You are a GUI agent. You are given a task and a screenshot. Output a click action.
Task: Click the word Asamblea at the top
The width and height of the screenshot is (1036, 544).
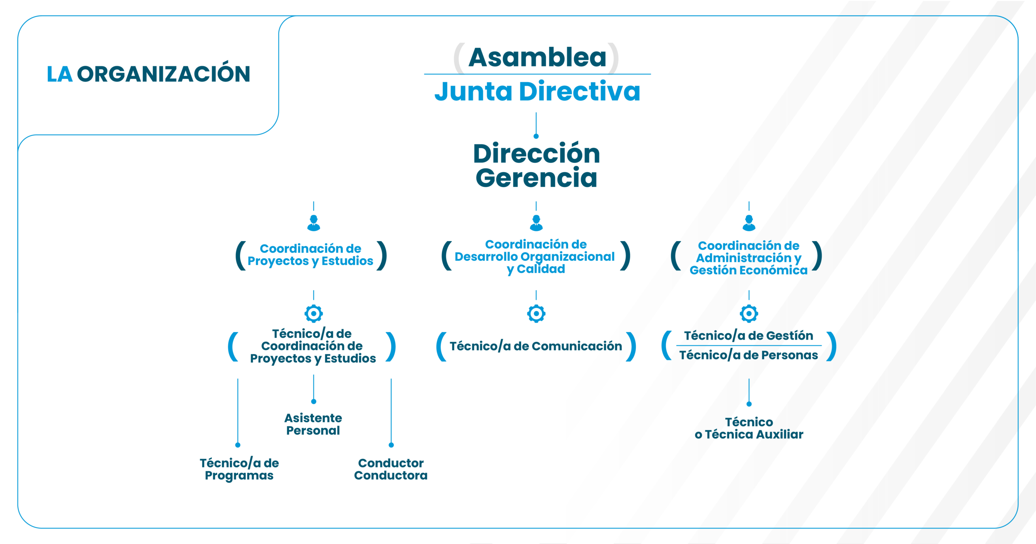pos(537,57)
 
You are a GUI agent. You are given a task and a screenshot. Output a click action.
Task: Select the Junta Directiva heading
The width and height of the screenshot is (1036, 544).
pos(537,91)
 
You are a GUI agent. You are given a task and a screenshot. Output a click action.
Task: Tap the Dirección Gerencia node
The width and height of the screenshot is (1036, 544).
pos(536,166)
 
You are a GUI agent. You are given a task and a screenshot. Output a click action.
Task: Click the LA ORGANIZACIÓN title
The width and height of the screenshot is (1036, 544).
pos(149,74)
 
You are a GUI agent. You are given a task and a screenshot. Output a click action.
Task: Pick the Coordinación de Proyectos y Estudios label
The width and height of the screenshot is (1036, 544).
pos(310,255)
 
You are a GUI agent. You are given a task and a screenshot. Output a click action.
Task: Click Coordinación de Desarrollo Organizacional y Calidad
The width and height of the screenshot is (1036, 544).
pos(535,257)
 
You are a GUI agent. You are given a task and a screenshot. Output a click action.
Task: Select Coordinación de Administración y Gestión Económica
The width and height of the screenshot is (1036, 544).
pos(748,258)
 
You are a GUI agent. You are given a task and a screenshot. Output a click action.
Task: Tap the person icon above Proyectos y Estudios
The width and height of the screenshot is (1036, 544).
pos(314,223)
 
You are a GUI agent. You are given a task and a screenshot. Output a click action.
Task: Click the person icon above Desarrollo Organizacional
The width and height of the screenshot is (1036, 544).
pos(536,223)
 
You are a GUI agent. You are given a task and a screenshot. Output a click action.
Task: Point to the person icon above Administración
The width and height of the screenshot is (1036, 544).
pos(749,223)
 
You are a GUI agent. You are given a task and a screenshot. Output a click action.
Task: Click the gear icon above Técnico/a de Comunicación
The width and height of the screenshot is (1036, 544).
pos(536,313)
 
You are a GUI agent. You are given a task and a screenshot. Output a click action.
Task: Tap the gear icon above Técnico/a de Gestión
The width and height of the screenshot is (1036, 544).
pos(749,313)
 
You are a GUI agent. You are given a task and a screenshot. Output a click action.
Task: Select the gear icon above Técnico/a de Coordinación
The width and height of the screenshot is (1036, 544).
pos(314,313)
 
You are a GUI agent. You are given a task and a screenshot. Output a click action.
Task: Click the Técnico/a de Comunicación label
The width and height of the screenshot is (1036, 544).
pos(536,346)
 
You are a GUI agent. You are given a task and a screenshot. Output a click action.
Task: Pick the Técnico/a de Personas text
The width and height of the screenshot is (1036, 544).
pos(748,355)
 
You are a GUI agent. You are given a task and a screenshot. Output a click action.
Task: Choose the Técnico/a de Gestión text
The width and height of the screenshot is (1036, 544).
pos(748,336)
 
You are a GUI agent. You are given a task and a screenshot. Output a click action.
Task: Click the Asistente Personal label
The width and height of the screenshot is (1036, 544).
pos(313,424)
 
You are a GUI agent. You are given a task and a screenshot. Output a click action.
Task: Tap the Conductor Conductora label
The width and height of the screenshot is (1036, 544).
pos(391,469)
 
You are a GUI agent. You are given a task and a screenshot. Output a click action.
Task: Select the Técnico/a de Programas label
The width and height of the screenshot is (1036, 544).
pos(239,469)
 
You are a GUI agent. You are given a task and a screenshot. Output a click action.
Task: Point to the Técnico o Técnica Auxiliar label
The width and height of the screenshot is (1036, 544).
pos(749,428)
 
